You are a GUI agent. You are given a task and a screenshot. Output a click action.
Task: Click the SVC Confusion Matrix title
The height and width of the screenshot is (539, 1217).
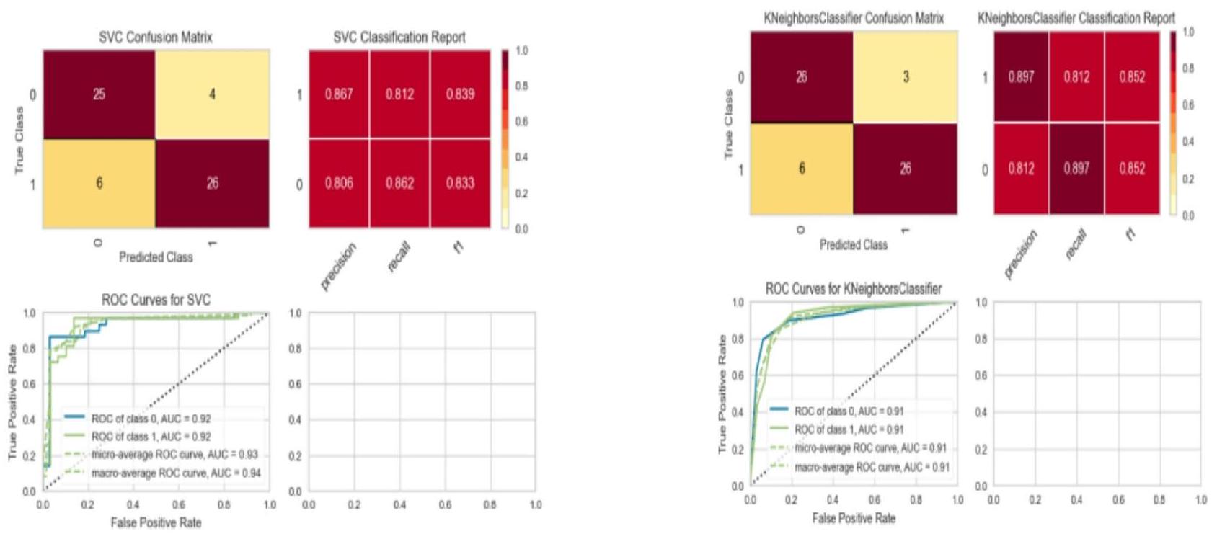click(156, 37)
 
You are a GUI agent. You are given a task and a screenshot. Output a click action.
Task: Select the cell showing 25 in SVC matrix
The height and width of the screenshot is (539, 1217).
click(99, 94)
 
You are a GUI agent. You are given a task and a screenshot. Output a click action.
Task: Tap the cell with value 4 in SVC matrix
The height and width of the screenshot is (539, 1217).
click(212, 94)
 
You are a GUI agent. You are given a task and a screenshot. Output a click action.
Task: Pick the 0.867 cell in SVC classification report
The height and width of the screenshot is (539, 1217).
click(339, 94)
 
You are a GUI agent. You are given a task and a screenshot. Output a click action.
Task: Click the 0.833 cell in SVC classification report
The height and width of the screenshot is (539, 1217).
click(460, 183)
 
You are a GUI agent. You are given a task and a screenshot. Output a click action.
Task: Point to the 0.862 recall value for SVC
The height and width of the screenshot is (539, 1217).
click(399, 183)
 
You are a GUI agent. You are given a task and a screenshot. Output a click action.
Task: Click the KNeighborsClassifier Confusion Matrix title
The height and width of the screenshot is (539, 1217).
click(854, 19)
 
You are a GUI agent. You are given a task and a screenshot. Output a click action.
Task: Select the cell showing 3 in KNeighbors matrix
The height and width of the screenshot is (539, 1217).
click(906, 77)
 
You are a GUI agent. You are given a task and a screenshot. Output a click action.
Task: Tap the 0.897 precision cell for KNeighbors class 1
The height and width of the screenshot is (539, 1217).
click(1021, 77)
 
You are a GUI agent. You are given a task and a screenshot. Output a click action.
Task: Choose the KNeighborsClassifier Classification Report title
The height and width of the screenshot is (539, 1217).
click(1076, 19)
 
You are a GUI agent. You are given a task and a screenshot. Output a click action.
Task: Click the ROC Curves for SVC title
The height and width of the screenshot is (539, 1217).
click(156, 300)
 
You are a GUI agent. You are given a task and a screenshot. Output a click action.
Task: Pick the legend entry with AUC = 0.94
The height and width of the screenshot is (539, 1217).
click(176, 473)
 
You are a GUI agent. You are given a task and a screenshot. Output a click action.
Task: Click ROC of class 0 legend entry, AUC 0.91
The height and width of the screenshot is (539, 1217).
click(849, 411)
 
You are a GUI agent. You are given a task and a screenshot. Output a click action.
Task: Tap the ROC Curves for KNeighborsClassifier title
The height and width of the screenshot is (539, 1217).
click(854, 289)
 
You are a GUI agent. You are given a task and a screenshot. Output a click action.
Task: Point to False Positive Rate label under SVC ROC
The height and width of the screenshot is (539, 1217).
click(156, 522)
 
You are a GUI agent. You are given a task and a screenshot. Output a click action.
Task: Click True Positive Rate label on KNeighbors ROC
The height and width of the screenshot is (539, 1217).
click(722, 394)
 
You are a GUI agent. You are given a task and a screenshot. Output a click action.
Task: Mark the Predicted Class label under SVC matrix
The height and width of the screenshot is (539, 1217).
click(156, 257)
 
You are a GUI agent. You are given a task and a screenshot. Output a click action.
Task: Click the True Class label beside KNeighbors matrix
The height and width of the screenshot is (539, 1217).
click(728, 124)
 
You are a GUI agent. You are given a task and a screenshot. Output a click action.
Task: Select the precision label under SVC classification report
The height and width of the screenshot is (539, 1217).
click(337, 267)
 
